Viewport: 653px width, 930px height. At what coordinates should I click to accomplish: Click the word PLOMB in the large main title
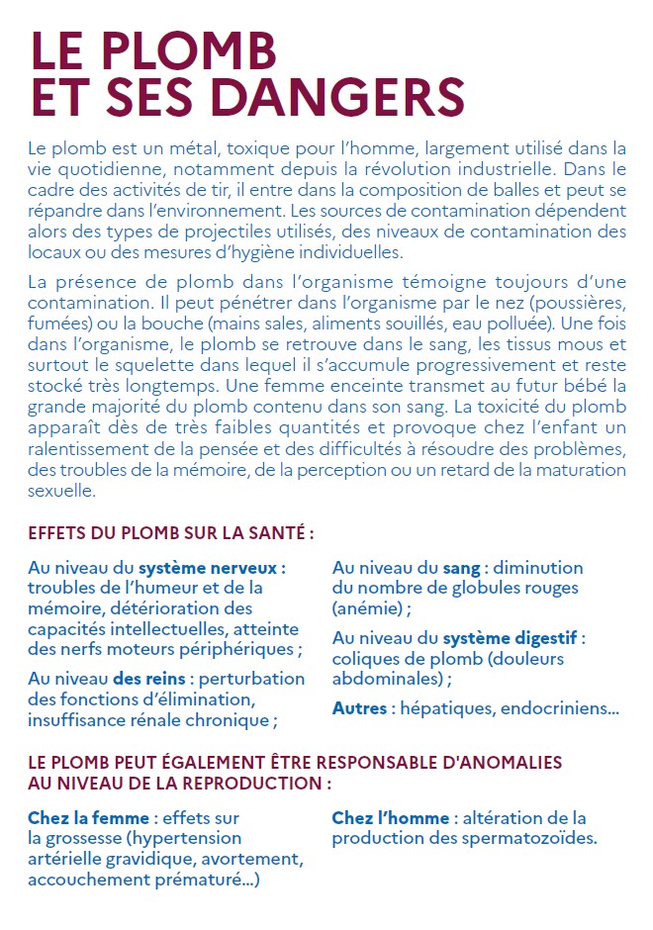pyautogui.click(x=185, y=50)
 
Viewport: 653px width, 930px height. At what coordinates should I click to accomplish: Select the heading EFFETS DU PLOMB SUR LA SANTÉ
pyautogui.click(x=171, y=532)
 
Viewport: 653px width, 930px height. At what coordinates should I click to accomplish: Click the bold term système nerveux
pyautogui.click(x=212, y=569)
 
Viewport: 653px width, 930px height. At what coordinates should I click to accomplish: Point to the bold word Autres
pyautogui.click(x=360, y=708)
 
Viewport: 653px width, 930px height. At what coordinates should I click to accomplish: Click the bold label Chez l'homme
pyautogui.click(x=392, y=818)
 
